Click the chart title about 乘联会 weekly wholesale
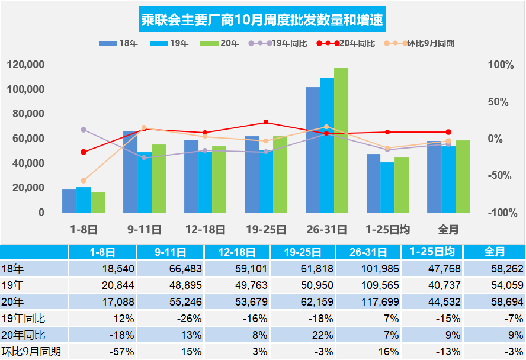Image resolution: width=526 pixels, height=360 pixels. point(262,21)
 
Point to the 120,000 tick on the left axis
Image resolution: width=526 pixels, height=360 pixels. point(26,65)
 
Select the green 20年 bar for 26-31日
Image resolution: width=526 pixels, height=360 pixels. point(341,140)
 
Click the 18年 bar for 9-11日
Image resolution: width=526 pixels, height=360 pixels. point(130,172)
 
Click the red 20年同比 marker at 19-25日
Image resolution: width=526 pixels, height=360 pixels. point(266,123)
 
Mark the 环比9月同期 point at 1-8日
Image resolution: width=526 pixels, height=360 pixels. point(84,181)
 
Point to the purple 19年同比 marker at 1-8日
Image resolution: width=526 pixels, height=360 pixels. point(84,130)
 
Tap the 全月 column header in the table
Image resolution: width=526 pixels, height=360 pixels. point(494,252)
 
